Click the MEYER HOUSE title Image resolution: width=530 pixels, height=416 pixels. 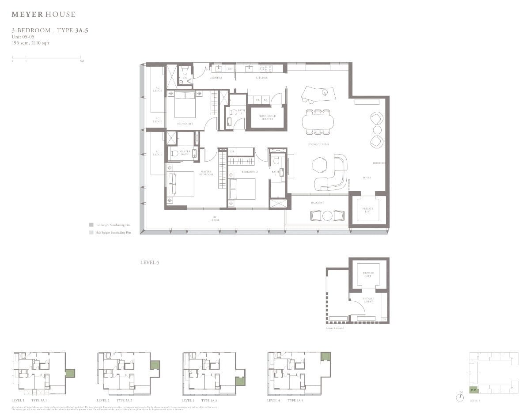click(x=43, y=15)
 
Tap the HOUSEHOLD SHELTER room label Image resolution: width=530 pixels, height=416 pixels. click(x=267, y=118)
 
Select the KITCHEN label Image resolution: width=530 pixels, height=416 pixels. click(x=261, y=78)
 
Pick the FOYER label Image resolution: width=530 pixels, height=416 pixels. click(x=367, y=178)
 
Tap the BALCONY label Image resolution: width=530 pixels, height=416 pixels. click(x=318, y=203)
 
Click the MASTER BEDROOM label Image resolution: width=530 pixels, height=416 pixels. click(x=206, y=173)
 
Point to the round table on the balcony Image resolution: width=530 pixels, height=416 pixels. click(x=327, y=216)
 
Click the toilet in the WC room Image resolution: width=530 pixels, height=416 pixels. click(x=185, y=71)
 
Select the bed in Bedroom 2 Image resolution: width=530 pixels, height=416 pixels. click(x=242, y=189)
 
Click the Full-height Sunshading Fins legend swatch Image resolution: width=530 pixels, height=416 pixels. click(x=91, y=225)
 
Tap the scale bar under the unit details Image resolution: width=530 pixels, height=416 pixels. click(x=47, y=57)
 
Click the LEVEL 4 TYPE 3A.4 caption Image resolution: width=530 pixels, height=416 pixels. click(x=285, y=400)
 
